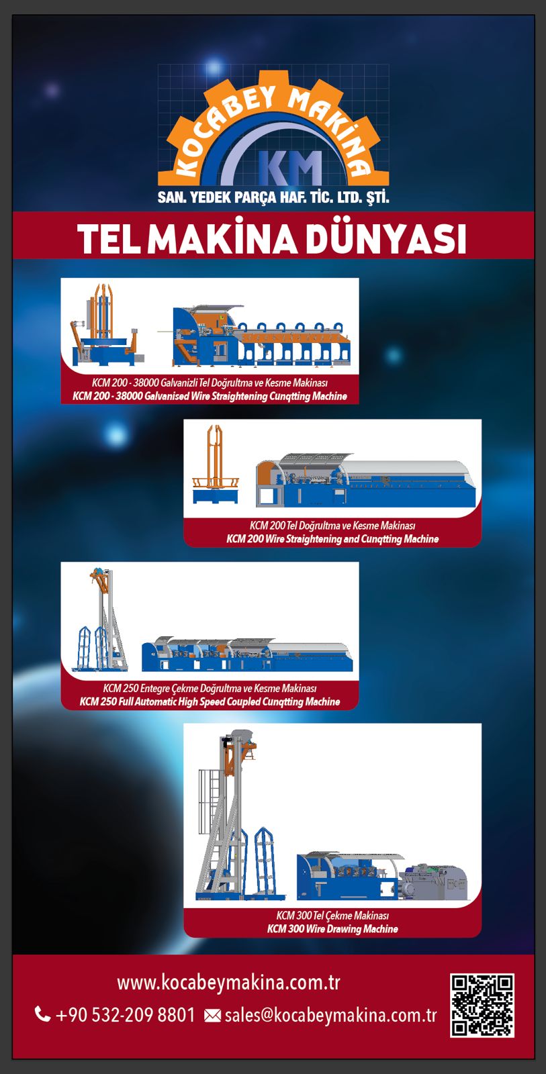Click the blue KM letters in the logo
[290, 167]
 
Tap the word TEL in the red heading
[109, 239]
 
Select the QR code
[482, 1005]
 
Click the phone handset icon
[42, 1014]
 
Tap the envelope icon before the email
[212, 1016]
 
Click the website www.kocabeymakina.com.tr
[228, 983]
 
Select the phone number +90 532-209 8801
[126, 1014]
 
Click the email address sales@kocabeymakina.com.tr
[330, 1015]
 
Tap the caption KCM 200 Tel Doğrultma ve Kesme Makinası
[332, 526]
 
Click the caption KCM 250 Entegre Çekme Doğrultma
[210, 689]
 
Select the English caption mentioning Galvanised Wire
[210, 396]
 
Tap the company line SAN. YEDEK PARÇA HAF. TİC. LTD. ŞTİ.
[273, 197]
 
